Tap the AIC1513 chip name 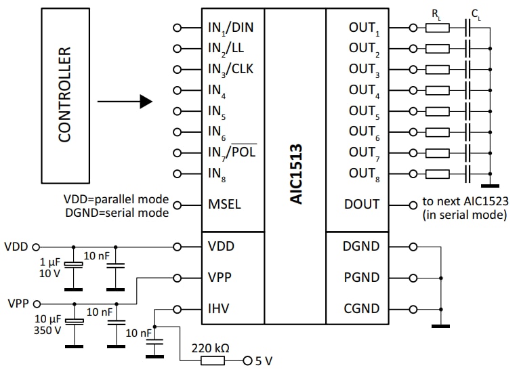click(x=295, y=173)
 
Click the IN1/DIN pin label click(x=232, y=28)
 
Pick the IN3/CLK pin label click(x=231, y=70)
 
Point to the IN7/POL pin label click(x=232, y=152)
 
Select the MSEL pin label click(x=224, y=204)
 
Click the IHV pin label click(x=218, y=309)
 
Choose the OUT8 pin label click(x=364, y=174)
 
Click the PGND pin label click(x=361, y=278)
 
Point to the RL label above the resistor click(x=436, y=13)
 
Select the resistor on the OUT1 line click(x=437, y=28)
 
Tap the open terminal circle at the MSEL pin click(x=178, y=204)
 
